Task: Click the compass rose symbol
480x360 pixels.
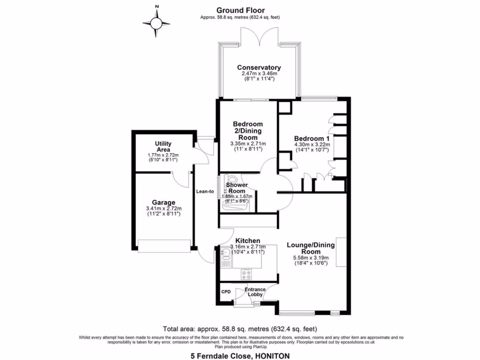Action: click(x=157, y=22)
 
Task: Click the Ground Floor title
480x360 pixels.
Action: click(x=240, y=10)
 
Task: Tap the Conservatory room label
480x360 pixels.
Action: click(x=259, y=67)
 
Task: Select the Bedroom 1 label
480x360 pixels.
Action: click(x=312, y=139)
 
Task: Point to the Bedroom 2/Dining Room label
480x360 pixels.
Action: click(x=247, y=131)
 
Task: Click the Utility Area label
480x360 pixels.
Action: click(x=163, y=147)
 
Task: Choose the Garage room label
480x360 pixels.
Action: click(x=163, y=202)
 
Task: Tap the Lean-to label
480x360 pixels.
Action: click(x=205, y=191)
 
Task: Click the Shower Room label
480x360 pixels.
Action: click(x=237, y=187)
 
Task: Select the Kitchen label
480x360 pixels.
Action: click(x=247, y=240)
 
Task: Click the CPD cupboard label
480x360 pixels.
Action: click(x=226, y=291)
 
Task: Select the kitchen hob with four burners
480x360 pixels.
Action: click(x=247, y=274)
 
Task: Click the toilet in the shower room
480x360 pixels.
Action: click(x=231, y=179)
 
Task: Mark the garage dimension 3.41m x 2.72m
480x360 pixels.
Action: click(x=163, y=209)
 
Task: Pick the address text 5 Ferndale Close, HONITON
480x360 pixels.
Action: click(x=240, y=356)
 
